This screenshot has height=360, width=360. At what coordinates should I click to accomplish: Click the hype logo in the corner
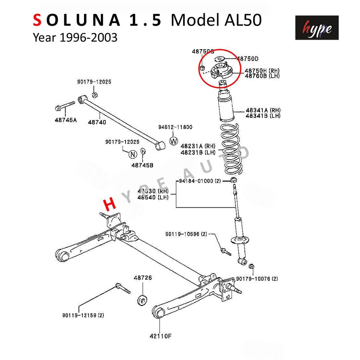317,28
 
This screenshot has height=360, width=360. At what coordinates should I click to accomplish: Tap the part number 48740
97,122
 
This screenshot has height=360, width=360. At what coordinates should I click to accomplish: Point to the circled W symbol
174,141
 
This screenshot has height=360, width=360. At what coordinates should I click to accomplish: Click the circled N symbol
132,154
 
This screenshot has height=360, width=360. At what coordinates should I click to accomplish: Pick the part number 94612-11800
175,127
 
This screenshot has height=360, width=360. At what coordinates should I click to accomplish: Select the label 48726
142,278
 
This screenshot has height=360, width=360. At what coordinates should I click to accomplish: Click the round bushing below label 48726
142,299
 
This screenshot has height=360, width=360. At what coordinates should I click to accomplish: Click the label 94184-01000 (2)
200,181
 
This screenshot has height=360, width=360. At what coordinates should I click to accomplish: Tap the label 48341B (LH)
263,116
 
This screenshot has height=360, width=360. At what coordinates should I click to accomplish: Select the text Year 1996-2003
75,37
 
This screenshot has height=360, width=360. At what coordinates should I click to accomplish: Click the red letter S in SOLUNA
37,21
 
